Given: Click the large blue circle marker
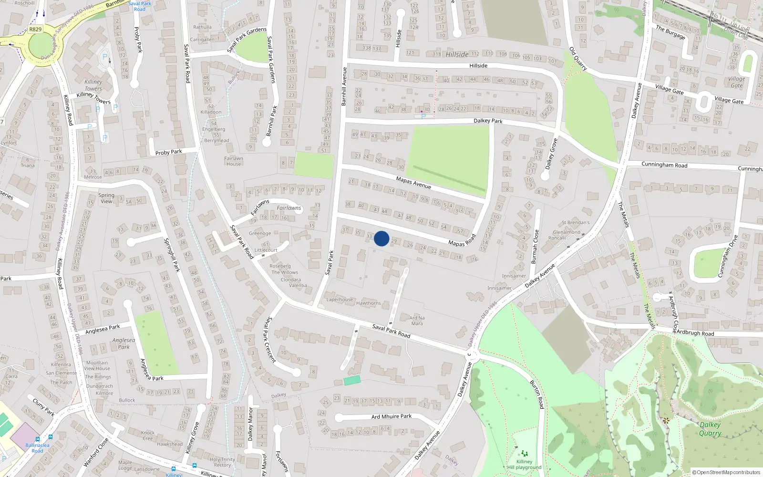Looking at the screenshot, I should point(381,238).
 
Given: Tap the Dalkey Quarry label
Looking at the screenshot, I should point(710,429).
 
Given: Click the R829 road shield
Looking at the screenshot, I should point(35,29).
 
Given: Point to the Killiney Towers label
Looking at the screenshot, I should point(93,85).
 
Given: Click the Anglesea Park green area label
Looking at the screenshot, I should point(124,343).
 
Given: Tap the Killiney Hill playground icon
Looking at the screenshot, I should point(525,453).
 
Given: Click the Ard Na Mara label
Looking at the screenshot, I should point(417,321).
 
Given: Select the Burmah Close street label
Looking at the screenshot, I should point(535,247).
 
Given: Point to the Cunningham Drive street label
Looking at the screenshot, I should point(727,256).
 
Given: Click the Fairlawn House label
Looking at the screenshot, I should point(234,161).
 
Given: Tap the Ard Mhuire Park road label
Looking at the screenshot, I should point(392,416).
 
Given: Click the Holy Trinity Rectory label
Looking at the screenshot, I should point(222,462).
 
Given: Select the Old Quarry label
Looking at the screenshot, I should point(578,59).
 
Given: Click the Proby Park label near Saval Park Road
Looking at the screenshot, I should point(168,152).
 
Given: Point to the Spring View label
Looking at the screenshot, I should point(106,198).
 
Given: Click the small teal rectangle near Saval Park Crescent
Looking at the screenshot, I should point(352,380).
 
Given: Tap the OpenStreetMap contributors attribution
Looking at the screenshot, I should point(726,472).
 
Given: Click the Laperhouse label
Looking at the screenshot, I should point(340,300).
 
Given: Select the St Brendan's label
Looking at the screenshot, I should point(576,222).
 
